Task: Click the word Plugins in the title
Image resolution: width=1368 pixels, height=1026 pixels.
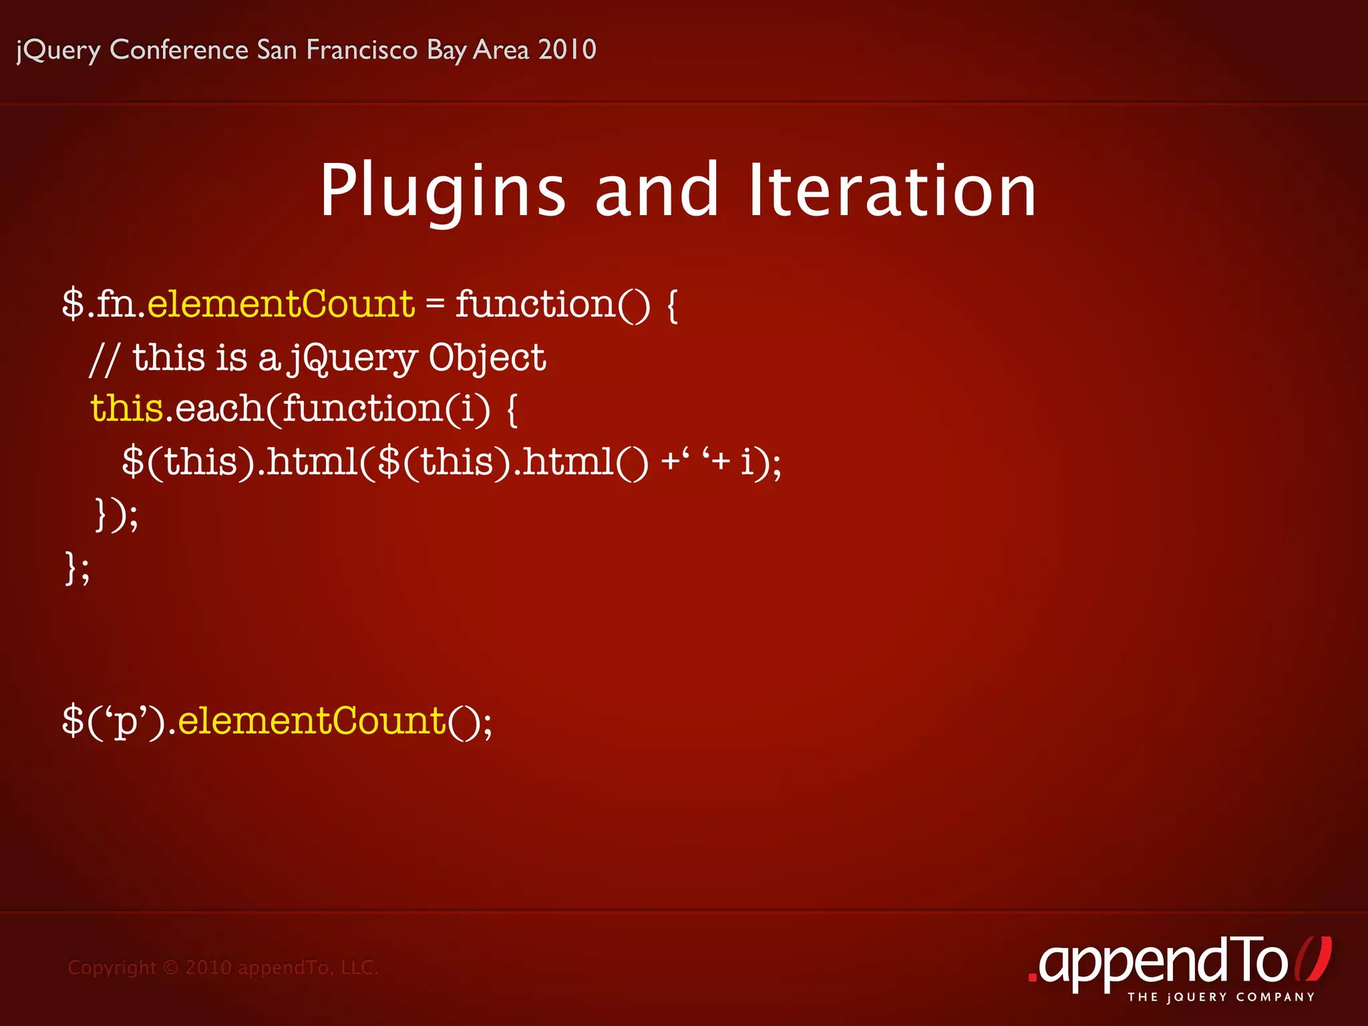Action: [x=443, y=192]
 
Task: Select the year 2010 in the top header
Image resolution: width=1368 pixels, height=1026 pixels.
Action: [x=567, y=50]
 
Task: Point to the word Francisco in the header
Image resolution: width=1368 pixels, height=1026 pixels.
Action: [x=361, y=50]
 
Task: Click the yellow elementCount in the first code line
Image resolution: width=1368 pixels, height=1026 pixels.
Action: [x=281, y=305]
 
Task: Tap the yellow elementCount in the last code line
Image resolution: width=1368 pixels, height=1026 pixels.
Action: [x=311, y=721]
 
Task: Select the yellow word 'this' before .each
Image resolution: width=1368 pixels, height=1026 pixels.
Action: [x=127, y=408]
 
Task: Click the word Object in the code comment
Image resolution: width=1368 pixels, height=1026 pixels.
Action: [x=487, y=359]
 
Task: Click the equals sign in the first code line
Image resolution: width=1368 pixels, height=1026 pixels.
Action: [x=435, y=305]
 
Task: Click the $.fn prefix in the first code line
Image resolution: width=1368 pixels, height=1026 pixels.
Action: [x=101, y=305]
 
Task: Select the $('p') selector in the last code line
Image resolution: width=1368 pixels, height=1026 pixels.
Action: [x=114, y=722]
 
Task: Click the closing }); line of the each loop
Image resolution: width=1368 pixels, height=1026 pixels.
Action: [x=116, y=514]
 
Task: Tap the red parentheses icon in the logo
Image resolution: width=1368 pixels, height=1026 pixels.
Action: [x=1313, y=959]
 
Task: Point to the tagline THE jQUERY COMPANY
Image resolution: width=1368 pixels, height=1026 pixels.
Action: [x=1221, y=997]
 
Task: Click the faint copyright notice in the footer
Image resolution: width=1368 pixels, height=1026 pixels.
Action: [x=223, y=967]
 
